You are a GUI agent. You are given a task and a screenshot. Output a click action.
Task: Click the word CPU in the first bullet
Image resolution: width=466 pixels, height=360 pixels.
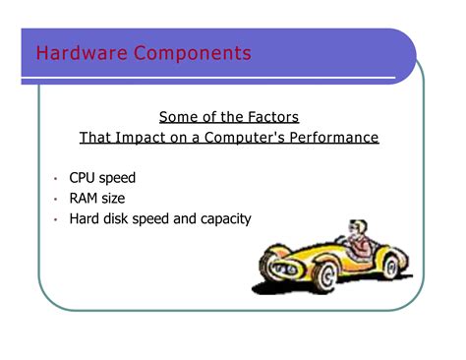[x=83, y=178]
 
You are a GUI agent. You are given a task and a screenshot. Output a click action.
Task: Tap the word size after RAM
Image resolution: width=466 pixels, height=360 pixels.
[x=115, y=199]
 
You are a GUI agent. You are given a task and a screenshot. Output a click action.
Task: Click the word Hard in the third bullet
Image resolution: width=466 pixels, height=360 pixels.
[x=85, y=218]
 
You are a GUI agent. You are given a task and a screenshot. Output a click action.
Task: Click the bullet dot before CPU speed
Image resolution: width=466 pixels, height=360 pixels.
[x=57, y=180]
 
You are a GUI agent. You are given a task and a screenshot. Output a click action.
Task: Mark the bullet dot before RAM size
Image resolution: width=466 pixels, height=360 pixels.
[x=57, y=200]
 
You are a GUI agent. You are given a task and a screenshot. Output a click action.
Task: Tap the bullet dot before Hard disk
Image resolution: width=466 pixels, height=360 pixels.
[x=57, y=220]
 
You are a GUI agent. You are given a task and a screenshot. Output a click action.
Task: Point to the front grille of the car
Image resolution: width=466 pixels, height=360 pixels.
[x=269, y=258]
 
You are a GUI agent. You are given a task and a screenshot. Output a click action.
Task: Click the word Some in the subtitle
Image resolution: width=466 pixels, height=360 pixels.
[x=180, y=117]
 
